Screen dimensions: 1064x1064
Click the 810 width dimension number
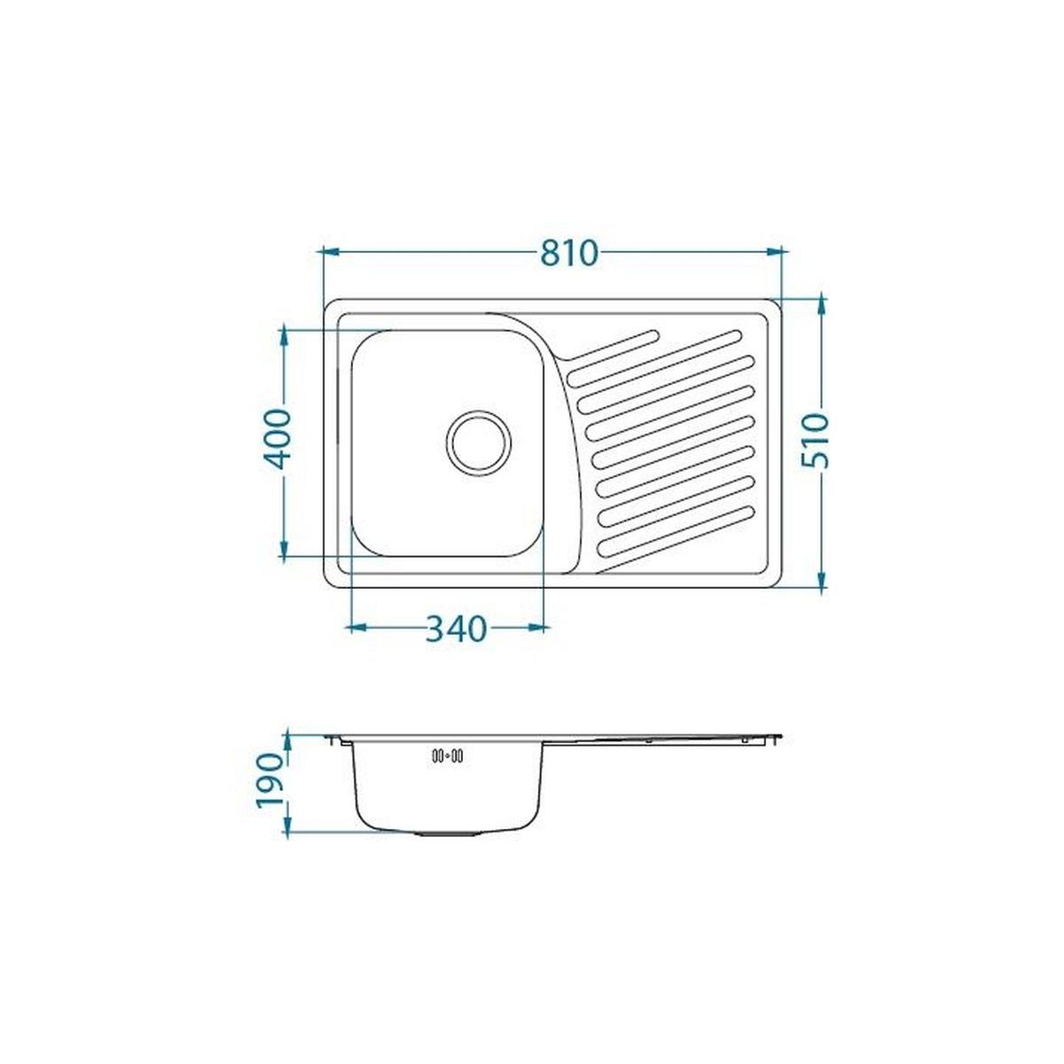point(568,253)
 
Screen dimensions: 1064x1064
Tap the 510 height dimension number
point(816,441)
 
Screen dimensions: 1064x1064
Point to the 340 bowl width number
point(456,629)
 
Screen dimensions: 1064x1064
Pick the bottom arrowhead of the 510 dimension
point(822,579)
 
